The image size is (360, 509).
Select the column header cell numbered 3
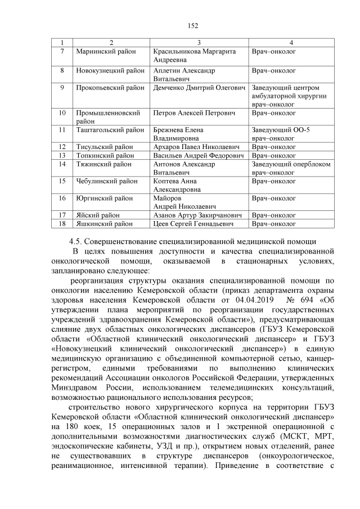199,43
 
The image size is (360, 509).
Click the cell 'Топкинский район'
105,155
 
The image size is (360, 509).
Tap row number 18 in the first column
62,224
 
